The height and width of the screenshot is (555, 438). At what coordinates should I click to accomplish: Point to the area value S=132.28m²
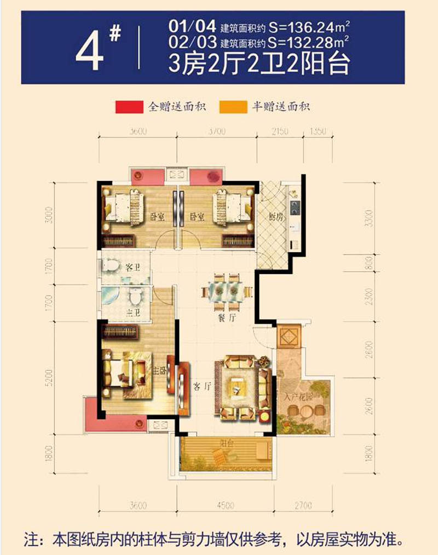(308, 40)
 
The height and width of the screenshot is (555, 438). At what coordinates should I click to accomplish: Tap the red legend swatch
(129, 106)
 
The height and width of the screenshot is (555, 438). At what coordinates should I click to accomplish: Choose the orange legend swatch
(232, 106)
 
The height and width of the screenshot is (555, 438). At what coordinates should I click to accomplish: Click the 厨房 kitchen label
(275, 217)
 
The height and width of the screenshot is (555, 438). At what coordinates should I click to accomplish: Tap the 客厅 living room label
(203, 386)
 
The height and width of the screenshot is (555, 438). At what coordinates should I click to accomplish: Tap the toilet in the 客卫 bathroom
(112, 266)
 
